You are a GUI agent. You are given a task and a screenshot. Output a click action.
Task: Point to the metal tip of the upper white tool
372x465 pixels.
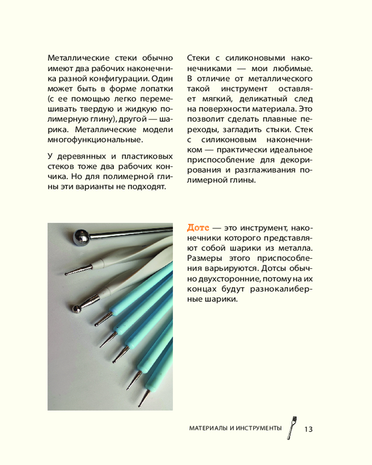click(74, 270)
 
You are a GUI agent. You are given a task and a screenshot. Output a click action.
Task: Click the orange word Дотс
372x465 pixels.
click(198, 228)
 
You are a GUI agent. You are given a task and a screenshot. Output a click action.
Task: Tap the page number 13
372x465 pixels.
click(308, 428)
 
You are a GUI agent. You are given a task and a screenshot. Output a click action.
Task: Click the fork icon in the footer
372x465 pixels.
click(292, 427)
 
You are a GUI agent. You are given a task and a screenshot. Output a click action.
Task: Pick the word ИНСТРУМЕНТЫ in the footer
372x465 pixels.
click(259, 428)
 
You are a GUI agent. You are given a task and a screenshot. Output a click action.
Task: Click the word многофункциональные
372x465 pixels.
click(94, 139)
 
